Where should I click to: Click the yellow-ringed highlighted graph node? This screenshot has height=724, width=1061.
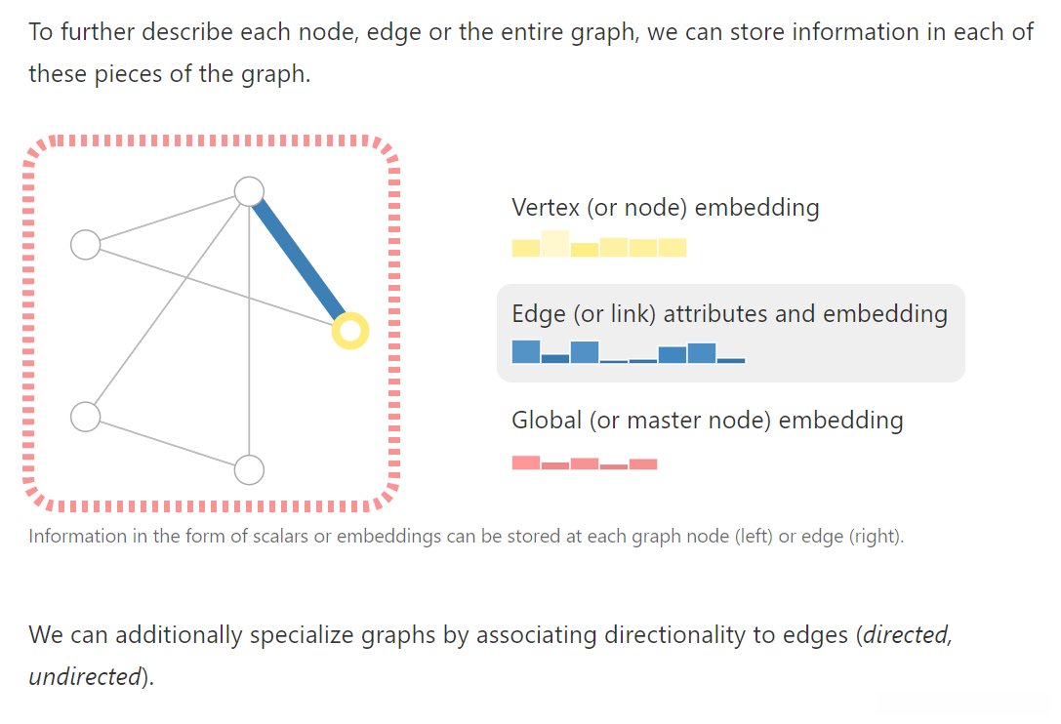tap(349, 331)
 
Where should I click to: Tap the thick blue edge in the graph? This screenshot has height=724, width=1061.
tap(300, 261)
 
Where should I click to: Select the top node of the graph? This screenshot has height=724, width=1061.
tap(250, 191)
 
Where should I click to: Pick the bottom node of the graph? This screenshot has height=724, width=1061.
tap(250, 470)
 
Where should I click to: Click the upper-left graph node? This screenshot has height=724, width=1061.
tap(86, 245)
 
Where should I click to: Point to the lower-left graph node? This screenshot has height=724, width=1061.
tap(86, 417)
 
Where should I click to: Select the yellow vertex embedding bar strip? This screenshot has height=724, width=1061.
tap(598, 245)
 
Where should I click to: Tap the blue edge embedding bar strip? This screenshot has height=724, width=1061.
tap(628, 352)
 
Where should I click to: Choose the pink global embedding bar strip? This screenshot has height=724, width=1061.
tap(584, 463)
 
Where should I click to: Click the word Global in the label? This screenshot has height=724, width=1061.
tap(547, 421)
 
